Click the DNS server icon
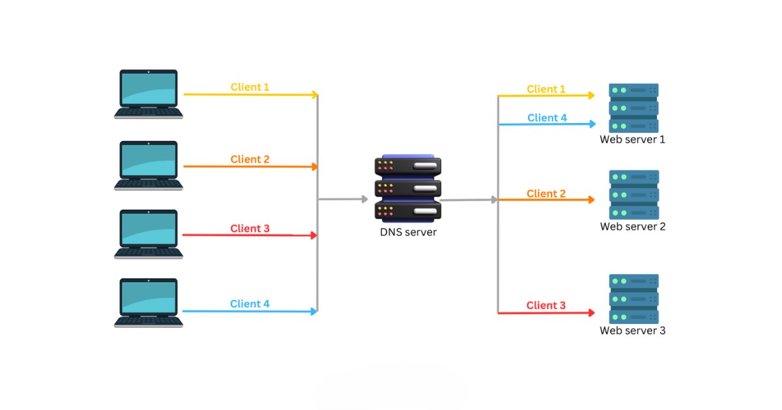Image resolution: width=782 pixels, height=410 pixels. click(x=408, y=188)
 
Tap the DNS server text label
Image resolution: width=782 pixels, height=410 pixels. click(x=408, y=232)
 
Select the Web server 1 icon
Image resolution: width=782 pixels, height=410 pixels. click(x=633, y=107)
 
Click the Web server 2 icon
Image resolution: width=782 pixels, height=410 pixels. click(x=633, y=195)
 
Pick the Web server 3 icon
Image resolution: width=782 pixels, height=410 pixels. click(x=633, y=299)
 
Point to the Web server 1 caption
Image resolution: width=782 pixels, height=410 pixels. click(x=633, y=139)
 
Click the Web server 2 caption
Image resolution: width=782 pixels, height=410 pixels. click(x=633, y=226)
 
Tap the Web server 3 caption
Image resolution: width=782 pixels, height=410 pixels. click(x=633, y=331)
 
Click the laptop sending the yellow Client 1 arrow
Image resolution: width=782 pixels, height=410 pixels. click(x=149, y=94)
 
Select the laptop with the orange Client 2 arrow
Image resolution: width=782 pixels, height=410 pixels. click(x=149, y=165)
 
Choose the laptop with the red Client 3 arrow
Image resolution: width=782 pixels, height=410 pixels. click(x=149, y=234)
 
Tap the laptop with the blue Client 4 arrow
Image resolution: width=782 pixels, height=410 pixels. click(x=149, y=303)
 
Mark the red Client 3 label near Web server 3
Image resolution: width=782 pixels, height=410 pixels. click(x=546, y=305)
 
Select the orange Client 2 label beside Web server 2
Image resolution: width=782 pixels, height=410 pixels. click(x=546, y=193)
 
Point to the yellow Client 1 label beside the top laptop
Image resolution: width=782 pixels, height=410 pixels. click(x=250, y=87)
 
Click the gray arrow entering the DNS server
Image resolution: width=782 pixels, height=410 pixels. click(x=342, y=199)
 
